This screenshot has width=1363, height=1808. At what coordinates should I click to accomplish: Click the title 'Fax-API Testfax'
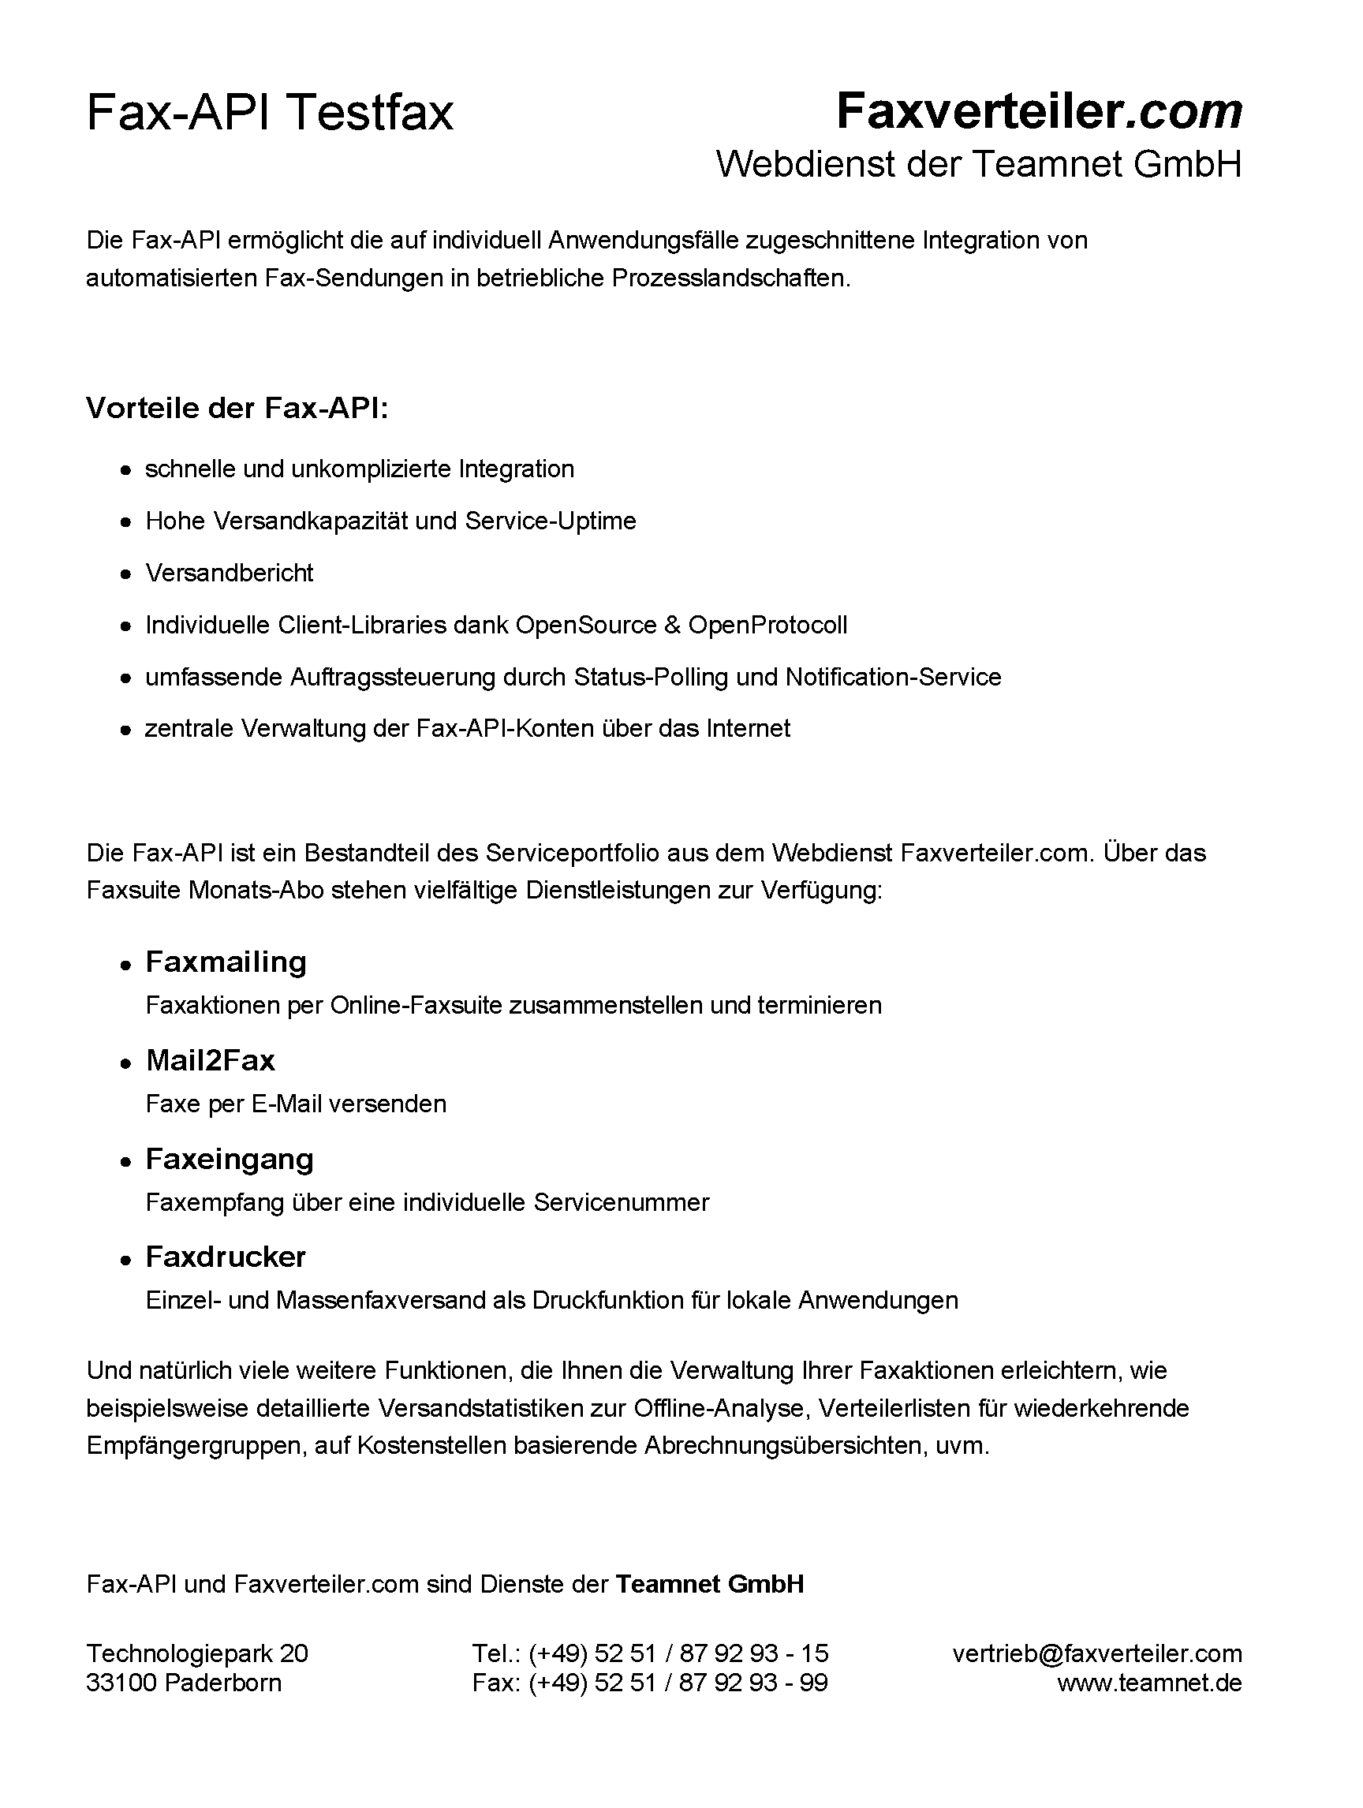click(x=270, y=112)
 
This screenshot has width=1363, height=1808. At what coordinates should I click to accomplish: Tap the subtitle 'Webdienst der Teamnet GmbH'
click(x=978, y=164)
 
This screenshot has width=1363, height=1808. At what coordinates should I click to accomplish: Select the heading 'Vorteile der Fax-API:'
click(x=237, y=408)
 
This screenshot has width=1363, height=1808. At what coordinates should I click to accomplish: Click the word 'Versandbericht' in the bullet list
click(x=229, y=573)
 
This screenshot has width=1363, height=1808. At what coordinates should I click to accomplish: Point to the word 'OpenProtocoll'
click(x=767, y=626)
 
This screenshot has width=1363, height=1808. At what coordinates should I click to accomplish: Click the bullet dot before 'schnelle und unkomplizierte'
click(x=125, y=471)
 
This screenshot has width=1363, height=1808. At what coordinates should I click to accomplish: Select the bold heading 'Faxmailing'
click(x=226, y=962)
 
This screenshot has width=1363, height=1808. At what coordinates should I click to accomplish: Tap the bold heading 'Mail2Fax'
click(x=210, y=1060)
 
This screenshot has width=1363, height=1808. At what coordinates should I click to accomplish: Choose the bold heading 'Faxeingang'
click(x=229, y=1159)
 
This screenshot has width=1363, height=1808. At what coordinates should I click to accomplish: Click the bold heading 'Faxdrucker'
click(x=226, y=1257)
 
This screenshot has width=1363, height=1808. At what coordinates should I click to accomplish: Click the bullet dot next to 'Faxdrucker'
click(x=125, y=1260)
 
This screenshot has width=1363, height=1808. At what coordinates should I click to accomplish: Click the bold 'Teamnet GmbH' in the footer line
click(x=709, y=1584)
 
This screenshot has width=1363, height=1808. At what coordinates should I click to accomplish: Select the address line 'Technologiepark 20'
click(x=197, y=1653)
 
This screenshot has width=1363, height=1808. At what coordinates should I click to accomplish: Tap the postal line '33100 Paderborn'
click(x=184, y=1682)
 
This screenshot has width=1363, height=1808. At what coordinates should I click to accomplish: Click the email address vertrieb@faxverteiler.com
click(x=1096, y=1653)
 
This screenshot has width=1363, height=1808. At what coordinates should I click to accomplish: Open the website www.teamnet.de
click(x=1149, y=1682)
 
